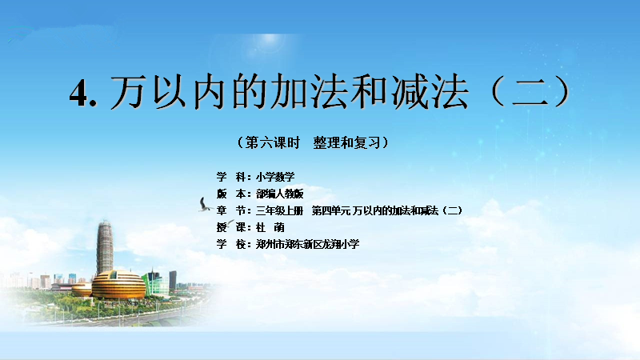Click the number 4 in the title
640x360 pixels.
(x=78, y=92)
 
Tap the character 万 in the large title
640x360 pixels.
(x=128, y=91)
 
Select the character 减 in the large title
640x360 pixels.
(x=409, y=91)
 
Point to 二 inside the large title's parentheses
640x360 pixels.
(x=530, y=92)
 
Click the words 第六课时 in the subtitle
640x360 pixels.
(x=272, y=143)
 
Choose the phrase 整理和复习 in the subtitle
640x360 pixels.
(x=346, y=143)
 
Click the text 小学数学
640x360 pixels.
(x=275, y=177)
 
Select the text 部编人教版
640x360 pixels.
(x=279, y=194)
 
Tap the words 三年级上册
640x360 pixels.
(x=279, y=210)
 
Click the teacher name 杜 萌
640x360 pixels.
(x=270, y=227)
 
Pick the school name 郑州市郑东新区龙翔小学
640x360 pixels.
(x=308, y=244)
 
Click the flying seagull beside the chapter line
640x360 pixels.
(x=205, y=205)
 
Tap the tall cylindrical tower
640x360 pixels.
(x=105, y=247)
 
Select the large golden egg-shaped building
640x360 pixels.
(x=118, y=285)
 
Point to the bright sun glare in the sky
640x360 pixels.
(x=270, y=40)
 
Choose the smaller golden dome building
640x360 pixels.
(x=82, y=290)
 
